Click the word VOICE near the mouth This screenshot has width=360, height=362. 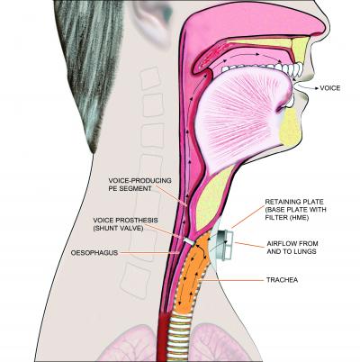(x=330, y=88)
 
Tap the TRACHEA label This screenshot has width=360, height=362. (x=282, y=280)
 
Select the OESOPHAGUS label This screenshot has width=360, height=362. (x=94, y=253)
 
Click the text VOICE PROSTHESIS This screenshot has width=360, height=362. (x=125, y=221)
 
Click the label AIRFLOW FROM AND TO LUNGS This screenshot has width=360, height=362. (x=292, y=248)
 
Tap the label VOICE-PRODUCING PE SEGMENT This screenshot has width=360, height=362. (x=140, y=185)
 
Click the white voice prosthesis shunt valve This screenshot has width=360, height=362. (x=189, y=240)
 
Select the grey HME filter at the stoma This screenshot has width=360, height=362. (x=222, y=244)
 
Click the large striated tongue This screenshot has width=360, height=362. (x=240, y=120)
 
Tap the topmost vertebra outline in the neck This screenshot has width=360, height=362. (x=151, y=78)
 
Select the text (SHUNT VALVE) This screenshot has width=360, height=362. (x=118, y=228)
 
